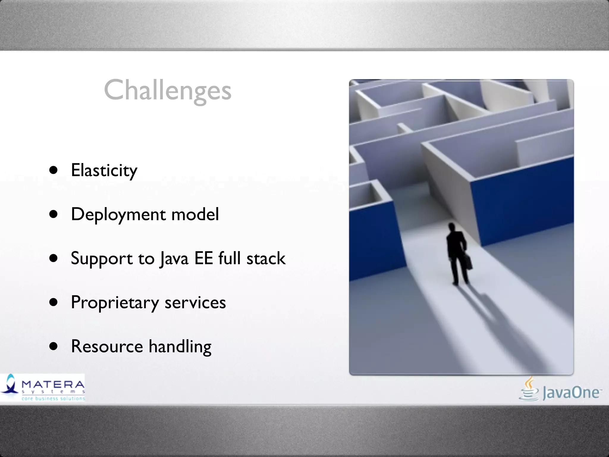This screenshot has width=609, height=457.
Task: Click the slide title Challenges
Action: [167, 90]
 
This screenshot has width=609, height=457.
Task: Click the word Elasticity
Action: [104, 170]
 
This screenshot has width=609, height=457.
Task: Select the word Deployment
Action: [118, 215]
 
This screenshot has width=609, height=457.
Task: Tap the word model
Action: [195, 214]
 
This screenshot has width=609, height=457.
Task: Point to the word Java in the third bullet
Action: [174, 258]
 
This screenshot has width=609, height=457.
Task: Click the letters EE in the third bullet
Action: [203, 258]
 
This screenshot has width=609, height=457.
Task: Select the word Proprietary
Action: [115, 303]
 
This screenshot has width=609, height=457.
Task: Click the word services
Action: [195, 303]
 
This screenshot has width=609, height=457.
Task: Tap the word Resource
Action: [107, 346]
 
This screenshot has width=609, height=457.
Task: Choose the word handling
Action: [180, 347]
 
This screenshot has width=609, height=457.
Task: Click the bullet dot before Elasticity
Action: [54, 170]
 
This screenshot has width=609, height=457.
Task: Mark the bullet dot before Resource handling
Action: [54, 346]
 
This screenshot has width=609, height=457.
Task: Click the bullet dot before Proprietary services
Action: [54, 302]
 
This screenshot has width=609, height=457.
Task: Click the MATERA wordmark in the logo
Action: [53, 384]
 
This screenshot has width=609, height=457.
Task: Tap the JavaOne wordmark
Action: [571, 393]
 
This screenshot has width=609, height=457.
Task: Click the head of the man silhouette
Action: [452, 227]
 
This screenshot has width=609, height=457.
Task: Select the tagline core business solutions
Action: [53, 398]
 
